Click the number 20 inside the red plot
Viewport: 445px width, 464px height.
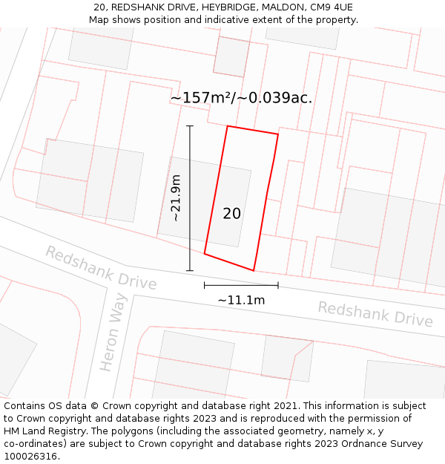click(x=231, y=214)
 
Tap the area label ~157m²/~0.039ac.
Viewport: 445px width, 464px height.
click(x=241, y=98)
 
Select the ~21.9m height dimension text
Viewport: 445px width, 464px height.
click(x=176, y=197)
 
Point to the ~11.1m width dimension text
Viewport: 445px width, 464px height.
click(x=241, y=301)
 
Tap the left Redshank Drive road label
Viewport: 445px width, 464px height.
click(x=101, y=268)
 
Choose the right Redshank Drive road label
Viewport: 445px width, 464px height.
click(x=375, y=314)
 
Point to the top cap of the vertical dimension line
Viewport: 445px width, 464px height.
click(x=190, y=126)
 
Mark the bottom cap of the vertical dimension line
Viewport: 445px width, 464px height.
click(x=190, y=270)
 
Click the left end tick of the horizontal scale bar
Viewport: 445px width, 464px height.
click(x=205, y=284)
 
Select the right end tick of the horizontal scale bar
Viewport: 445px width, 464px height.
click(x=278, y=284)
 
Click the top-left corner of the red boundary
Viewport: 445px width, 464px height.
click(x=228, y=126)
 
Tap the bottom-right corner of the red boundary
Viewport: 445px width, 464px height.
click(x=254, y=270)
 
